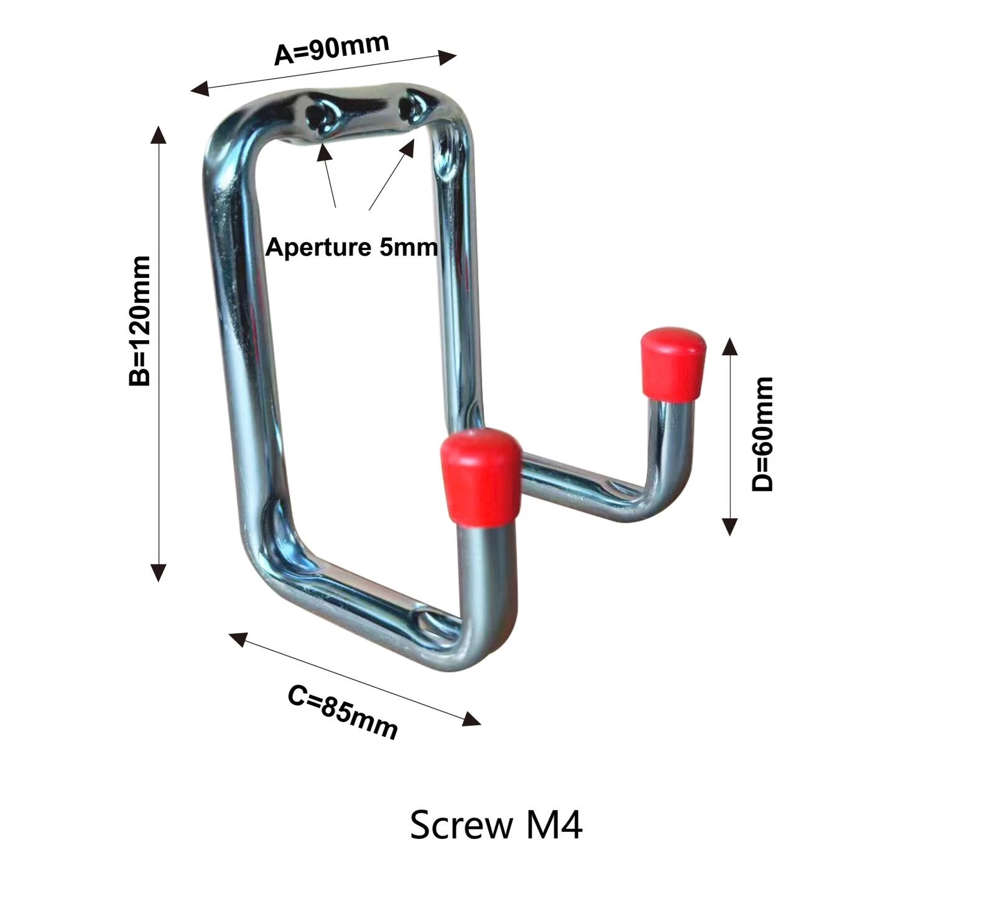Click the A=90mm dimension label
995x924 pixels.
coord(331,48)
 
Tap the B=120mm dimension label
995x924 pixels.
coord(140,321)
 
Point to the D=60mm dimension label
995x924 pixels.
coord(762,433)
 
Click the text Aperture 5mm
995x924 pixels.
coord(351,247)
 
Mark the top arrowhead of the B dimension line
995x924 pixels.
coord(159,134)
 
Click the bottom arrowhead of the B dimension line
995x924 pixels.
coord(159,573)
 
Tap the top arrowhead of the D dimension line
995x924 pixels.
coord(729,346)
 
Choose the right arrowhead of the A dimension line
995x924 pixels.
coord(448,57)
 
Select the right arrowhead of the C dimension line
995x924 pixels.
coord(472,719)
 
